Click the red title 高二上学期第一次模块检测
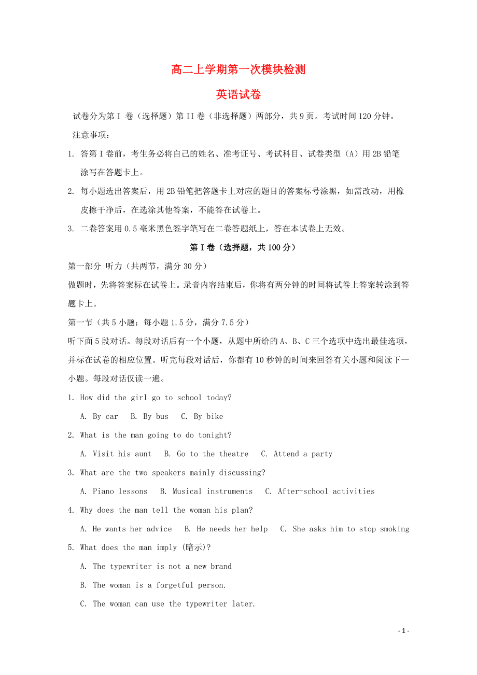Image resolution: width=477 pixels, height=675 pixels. pos(238,69)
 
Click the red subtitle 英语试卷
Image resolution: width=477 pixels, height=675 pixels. pos(238,95)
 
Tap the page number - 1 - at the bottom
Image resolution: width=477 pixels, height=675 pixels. pos(404,631)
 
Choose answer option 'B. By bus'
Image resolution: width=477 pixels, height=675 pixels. pos(149,416)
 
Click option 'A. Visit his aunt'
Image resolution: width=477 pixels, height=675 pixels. pos(116,454)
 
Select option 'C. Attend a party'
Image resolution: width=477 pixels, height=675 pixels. pos(296,454)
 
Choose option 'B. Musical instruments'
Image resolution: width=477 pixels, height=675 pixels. pos(206,491)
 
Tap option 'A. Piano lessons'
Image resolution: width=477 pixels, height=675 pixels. pos(114,491)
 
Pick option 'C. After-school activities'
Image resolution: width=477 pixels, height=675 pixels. pos(319,491)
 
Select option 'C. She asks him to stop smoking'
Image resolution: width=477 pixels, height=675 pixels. pos(344,529)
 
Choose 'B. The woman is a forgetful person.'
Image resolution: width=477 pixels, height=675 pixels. pos(153,585)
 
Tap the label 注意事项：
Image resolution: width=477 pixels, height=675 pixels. pos(91,135)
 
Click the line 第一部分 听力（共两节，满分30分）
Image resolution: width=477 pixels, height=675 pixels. pos(138,266)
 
